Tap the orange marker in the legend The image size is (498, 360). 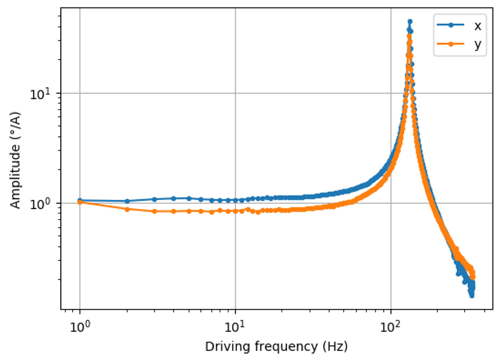[x=447, y=44]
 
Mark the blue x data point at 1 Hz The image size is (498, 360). [x=80, y=200]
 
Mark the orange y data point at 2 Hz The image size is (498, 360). [x=126, y=209]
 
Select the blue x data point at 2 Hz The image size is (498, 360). [x=126, y=201]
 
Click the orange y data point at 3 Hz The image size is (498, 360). [x=154, y=211]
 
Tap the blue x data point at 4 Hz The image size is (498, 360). [x=173, y=198]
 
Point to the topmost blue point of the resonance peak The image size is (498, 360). [x=410, y=21]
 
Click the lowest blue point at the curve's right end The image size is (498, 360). [x=472, y=296]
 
